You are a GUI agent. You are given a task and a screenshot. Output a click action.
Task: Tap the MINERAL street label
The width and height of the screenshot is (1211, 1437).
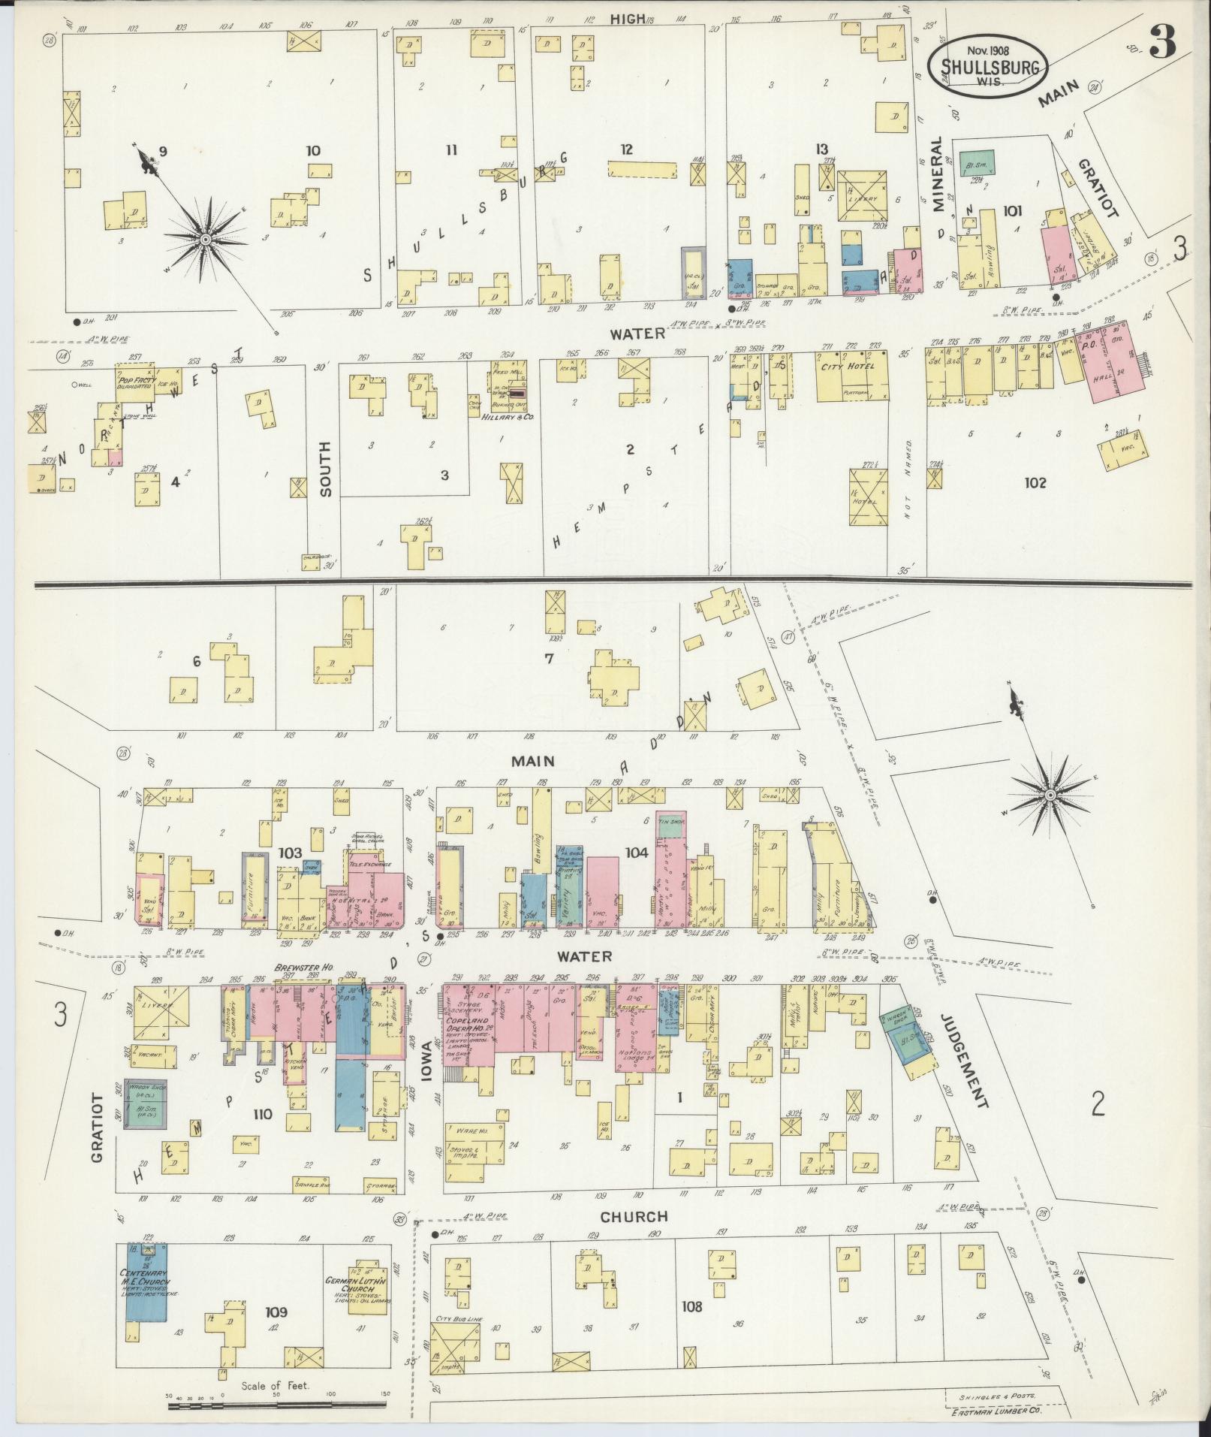coord(937,175)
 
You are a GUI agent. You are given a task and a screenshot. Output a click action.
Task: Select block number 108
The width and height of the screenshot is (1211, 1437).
coord(691,1306)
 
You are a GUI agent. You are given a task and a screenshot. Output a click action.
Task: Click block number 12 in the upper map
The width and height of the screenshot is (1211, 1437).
coord(626,149)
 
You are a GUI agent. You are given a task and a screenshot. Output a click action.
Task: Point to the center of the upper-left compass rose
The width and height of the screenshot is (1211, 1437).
coord(204,239)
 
